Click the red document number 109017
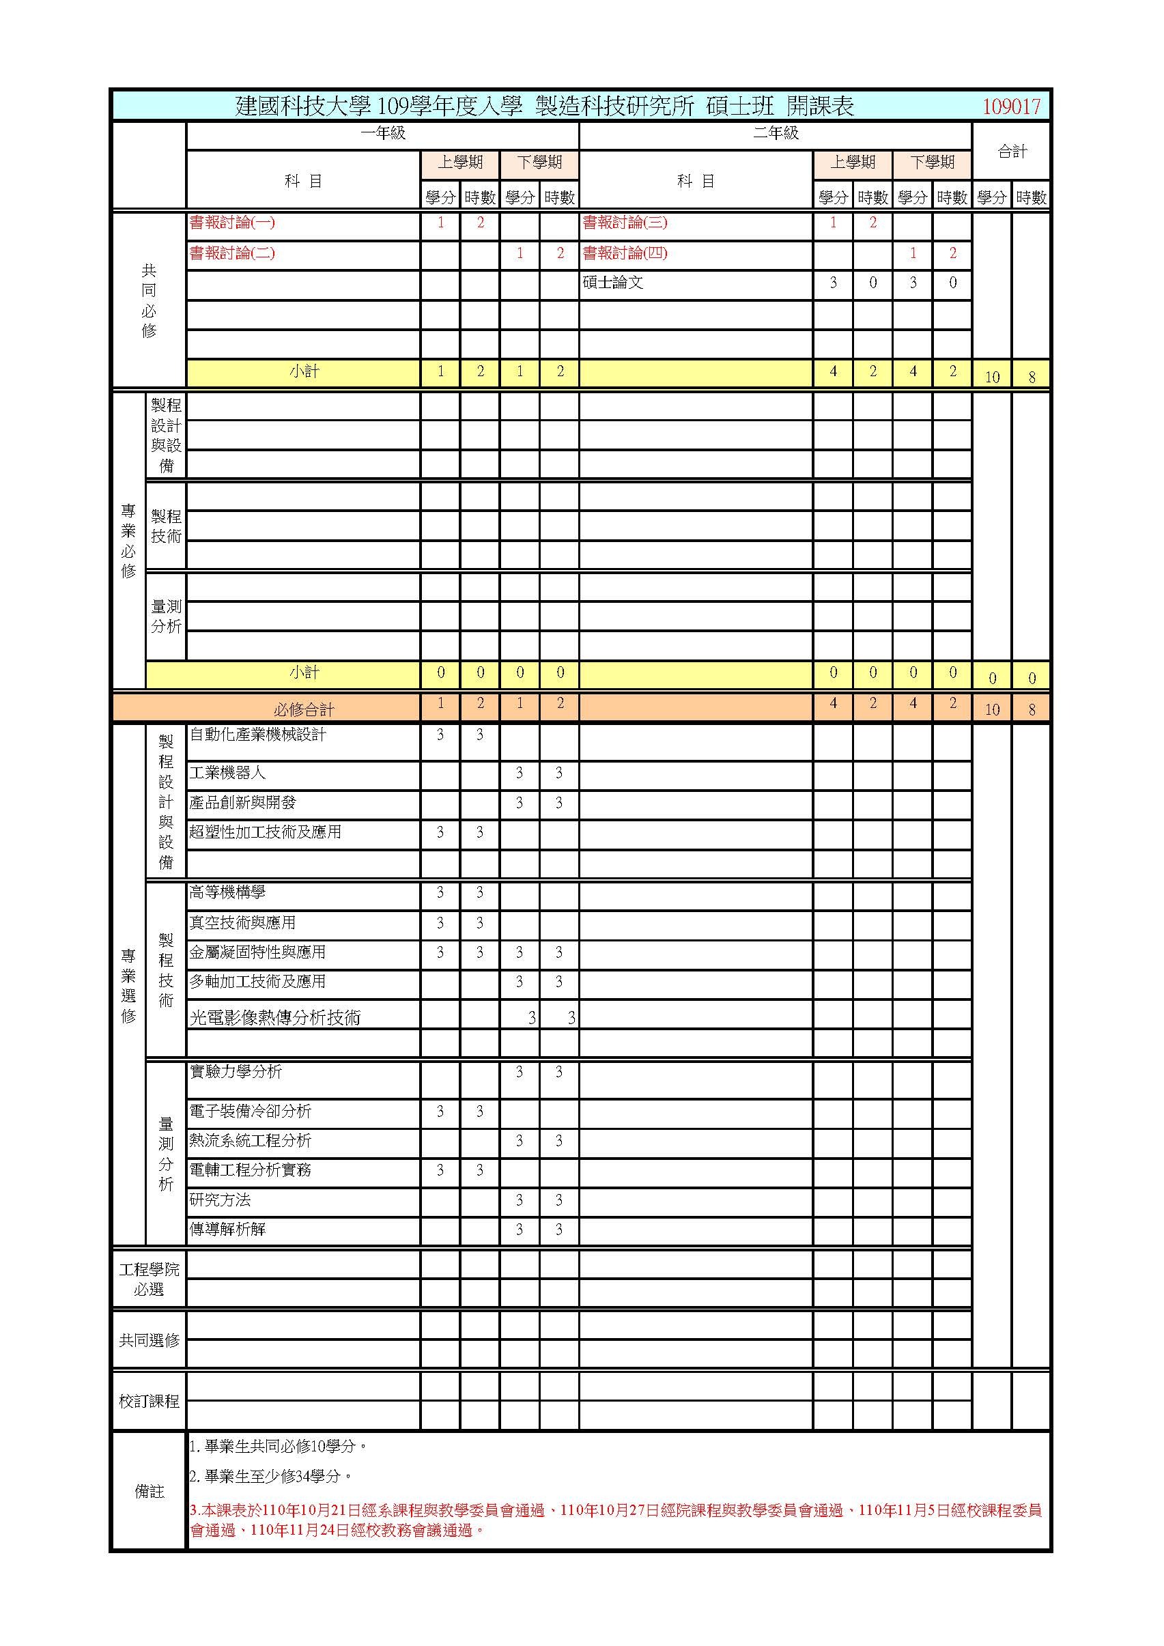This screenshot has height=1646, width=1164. (x=1010, y=107)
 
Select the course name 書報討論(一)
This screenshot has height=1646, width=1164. (x=232, y=223)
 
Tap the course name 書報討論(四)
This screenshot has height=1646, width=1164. (x=625, y=253)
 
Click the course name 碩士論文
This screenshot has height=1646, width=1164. (x=613, y=283)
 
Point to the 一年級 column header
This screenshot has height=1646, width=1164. (x=383, y=133)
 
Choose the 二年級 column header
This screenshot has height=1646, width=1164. (x=776, y=133)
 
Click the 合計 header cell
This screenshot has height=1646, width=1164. (x=1012, y=152)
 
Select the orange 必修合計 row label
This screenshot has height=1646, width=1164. (x=304, y=709)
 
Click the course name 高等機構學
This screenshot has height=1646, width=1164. (x=227, y=892)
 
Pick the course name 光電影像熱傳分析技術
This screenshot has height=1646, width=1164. (x=275, y=1017)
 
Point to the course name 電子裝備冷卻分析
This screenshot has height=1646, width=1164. (x=250, y=1111)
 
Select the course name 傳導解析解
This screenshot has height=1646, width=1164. (x=227, y=1230)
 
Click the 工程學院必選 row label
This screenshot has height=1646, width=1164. (x=149, y=1279)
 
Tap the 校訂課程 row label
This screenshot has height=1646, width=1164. (x=149, y=1401)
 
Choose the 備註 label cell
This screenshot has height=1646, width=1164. (x=149, y=1492)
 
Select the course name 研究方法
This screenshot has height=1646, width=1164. (x=220, y=1200)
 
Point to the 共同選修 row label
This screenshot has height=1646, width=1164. (x=149, y=1340)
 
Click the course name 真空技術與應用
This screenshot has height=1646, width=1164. (x=242, y=922)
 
